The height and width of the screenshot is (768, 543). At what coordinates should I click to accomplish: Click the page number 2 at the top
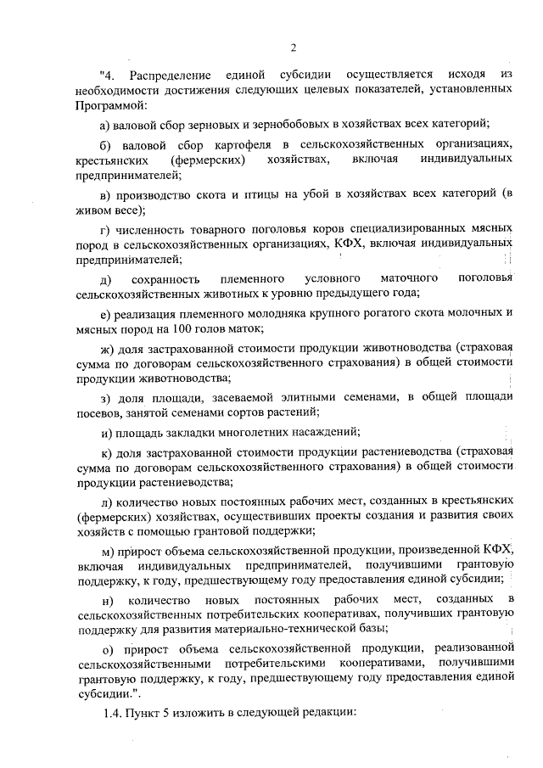point(292,48)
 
